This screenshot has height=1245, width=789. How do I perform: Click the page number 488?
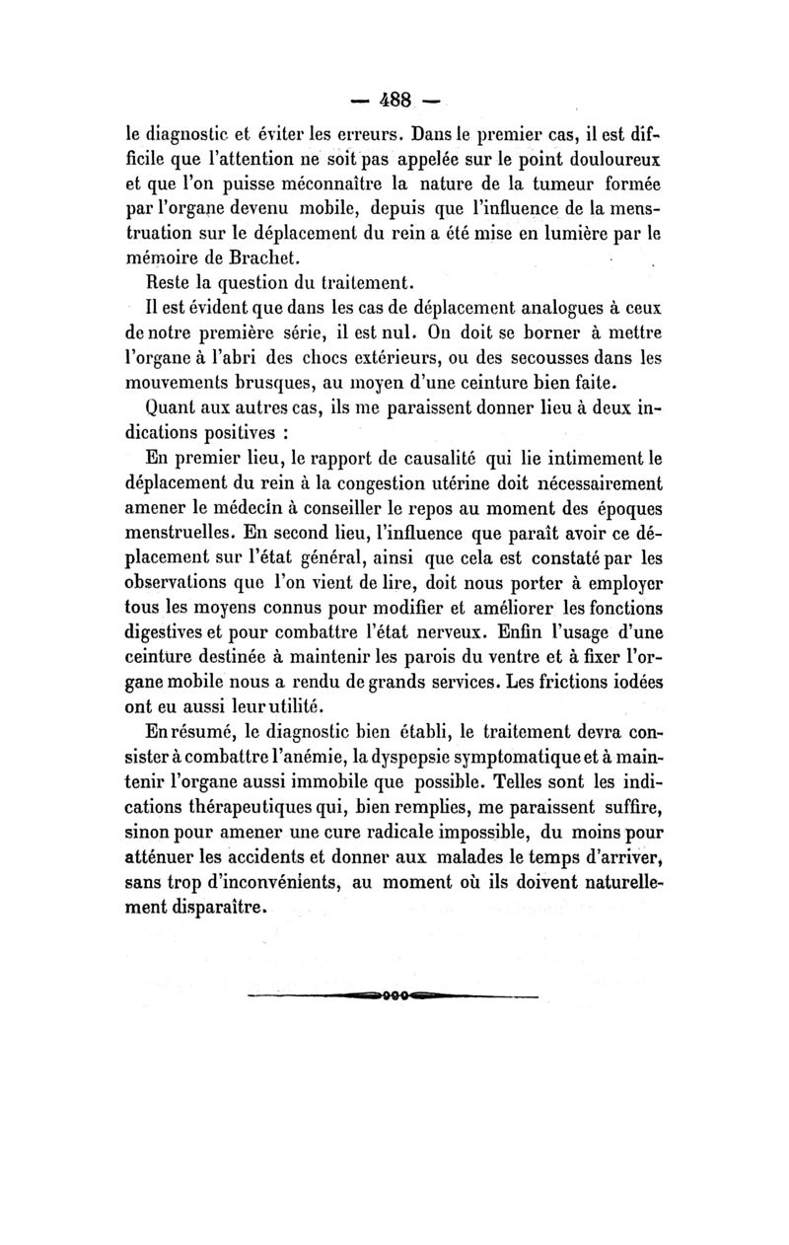tap(395, 101)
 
